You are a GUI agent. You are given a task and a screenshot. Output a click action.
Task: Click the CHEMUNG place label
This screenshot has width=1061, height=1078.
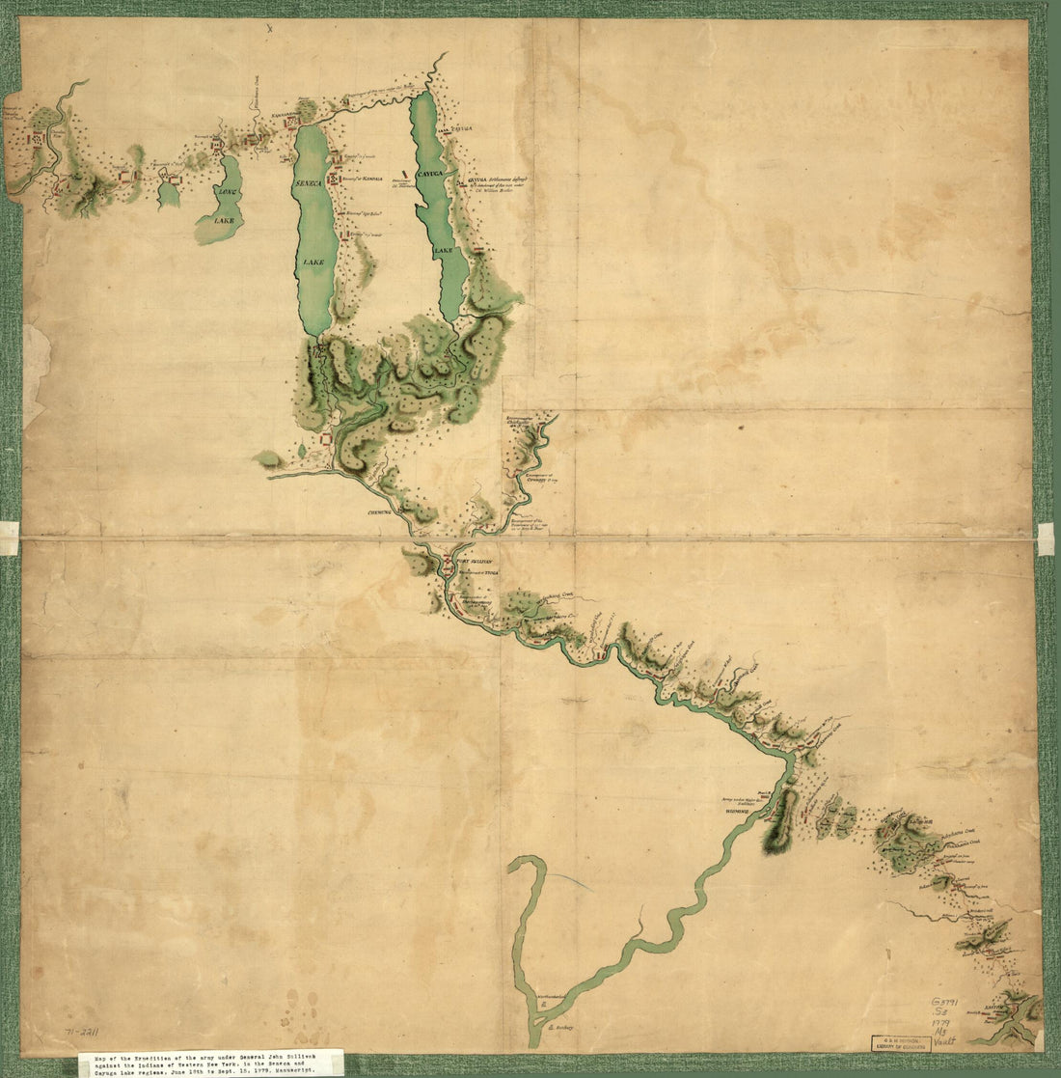point(379,512)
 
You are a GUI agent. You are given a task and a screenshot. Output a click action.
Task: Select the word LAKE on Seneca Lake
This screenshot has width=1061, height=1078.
point(311,262)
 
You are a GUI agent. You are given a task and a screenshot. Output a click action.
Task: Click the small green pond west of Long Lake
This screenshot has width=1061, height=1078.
point(168,193)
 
